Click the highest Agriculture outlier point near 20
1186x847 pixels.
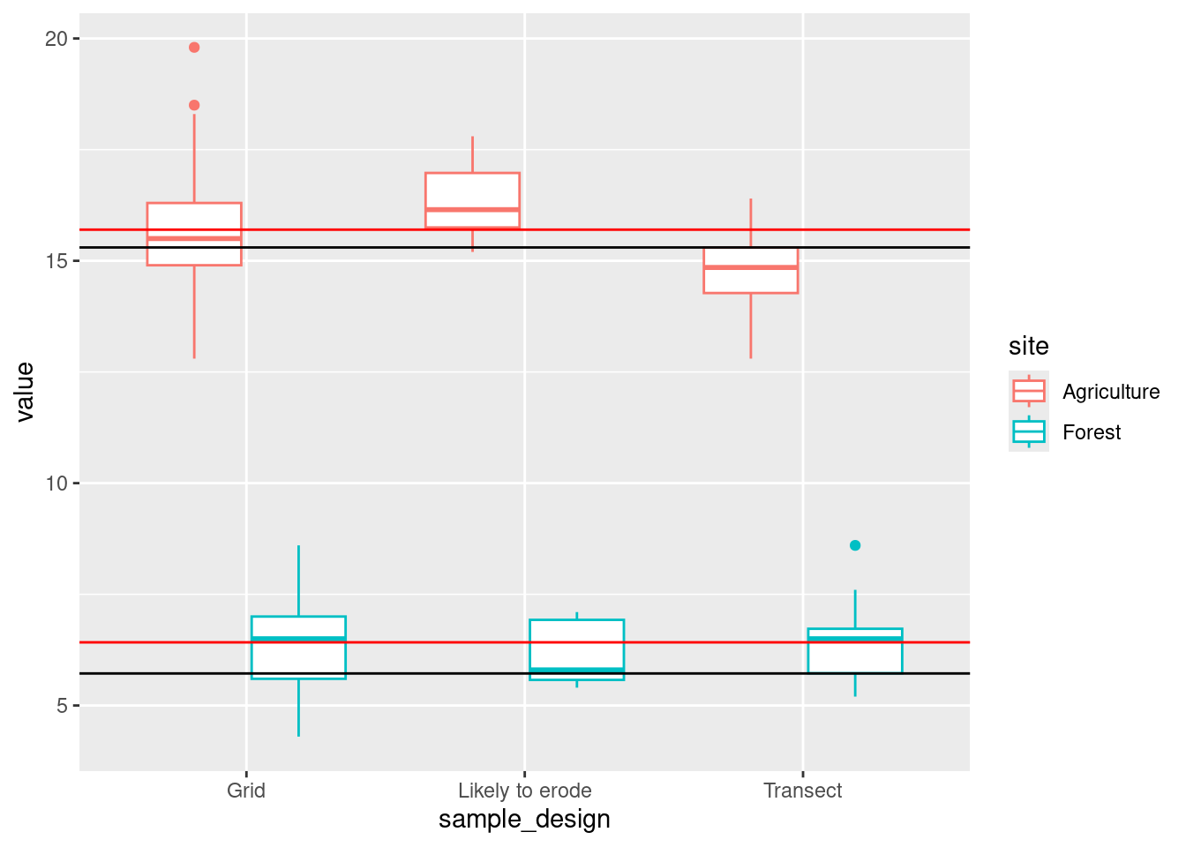194,48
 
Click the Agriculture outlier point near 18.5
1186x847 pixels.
194,105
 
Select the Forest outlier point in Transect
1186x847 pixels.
855,545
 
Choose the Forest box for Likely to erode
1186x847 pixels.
576,648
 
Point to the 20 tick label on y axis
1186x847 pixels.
56,39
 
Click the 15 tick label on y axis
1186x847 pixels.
56,261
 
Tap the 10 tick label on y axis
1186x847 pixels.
56,483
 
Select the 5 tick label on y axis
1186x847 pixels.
63,706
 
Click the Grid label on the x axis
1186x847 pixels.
246,791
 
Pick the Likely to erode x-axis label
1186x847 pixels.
524,791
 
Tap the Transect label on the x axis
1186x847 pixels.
802,791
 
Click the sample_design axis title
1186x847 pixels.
524,820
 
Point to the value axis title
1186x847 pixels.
25,392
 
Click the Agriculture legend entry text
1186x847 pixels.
1111,392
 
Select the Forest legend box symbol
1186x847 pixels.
1029,432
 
